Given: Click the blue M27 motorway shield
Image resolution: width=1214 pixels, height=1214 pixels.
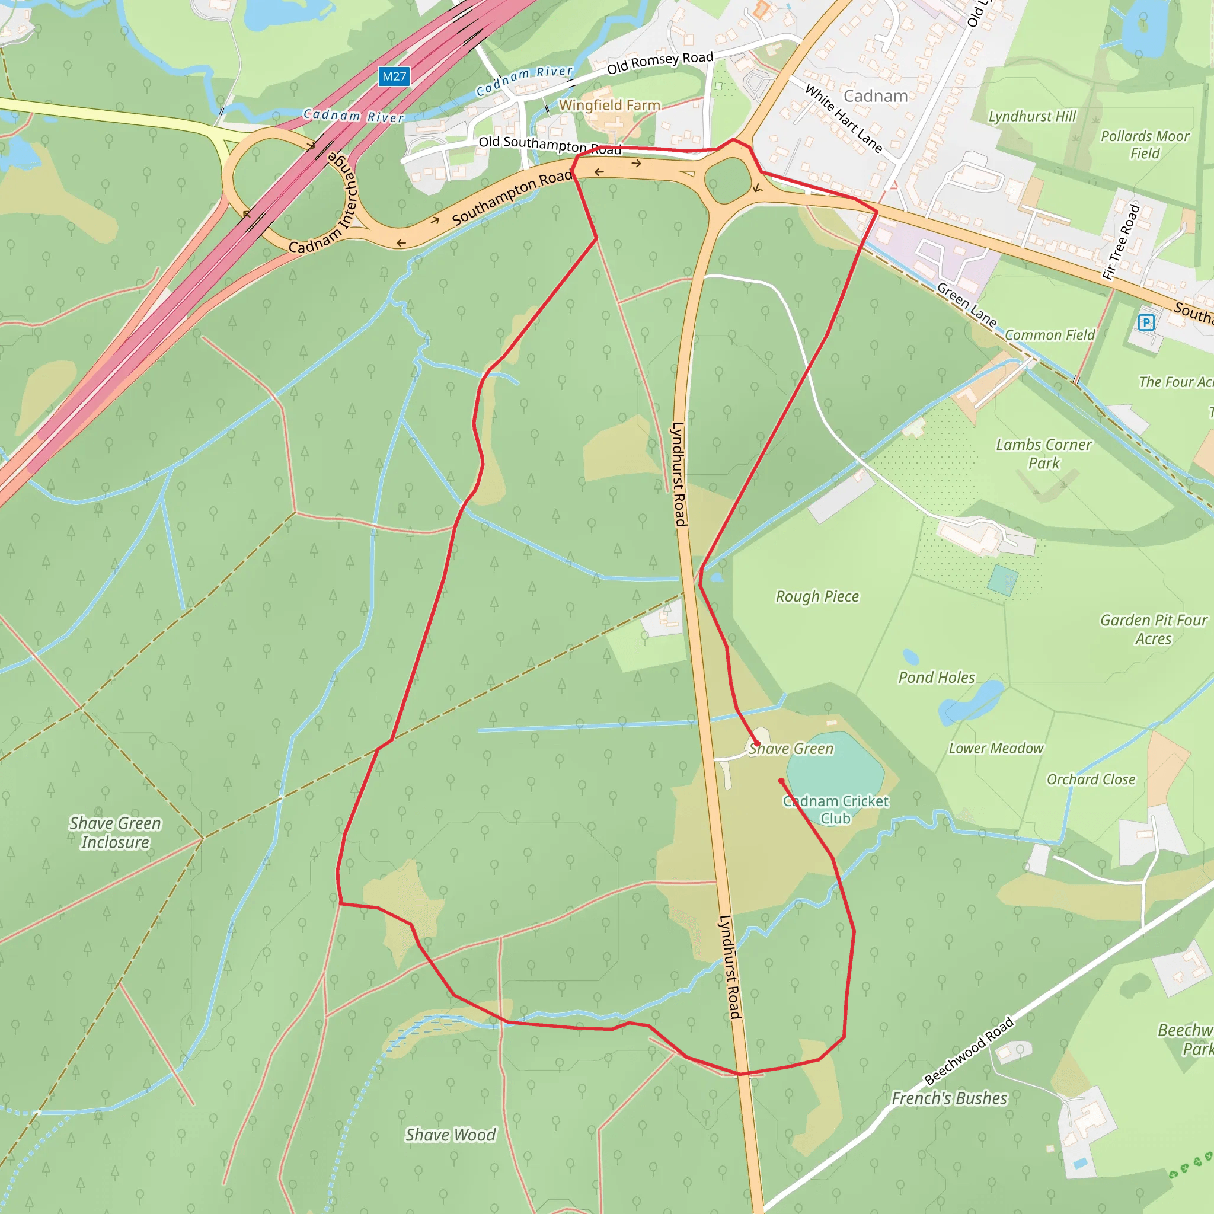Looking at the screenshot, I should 394,76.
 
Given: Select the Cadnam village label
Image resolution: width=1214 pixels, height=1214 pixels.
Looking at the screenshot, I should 876,96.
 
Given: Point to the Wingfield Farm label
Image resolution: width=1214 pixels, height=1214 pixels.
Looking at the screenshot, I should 609,105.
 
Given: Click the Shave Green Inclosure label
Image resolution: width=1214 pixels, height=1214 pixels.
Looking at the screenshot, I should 115,833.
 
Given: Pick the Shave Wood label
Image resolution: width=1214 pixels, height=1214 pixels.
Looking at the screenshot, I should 450,1135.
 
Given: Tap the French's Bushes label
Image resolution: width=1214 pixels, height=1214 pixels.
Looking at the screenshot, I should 949,1098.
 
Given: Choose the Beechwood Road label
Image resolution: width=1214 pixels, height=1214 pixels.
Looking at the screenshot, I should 969,1050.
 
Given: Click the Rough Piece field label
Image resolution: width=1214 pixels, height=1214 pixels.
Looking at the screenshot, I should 817,596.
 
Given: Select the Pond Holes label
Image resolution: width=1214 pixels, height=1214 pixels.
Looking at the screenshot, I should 936,678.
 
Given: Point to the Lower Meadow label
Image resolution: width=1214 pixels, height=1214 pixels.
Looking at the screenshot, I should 996,749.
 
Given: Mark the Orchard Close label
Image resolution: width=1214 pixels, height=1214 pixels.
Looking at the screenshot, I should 1091,780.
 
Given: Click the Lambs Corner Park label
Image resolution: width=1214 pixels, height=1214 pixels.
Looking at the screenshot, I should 1044,453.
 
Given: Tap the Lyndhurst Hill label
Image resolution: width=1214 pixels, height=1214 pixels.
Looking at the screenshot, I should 1032,116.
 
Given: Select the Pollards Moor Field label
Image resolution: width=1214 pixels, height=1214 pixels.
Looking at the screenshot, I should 1145,145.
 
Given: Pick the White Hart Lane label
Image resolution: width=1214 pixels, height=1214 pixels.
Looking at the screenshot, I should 844,119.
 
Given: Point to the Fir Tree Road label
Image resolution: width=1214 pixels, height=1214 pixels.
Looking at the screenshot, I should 1121,242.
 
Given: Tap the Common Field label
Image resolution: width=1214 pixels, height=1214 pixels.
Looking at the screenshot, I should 1049,335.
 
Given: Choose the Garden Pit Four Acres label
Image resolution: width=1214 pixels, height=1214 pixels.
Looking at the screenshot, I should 1153,629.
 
